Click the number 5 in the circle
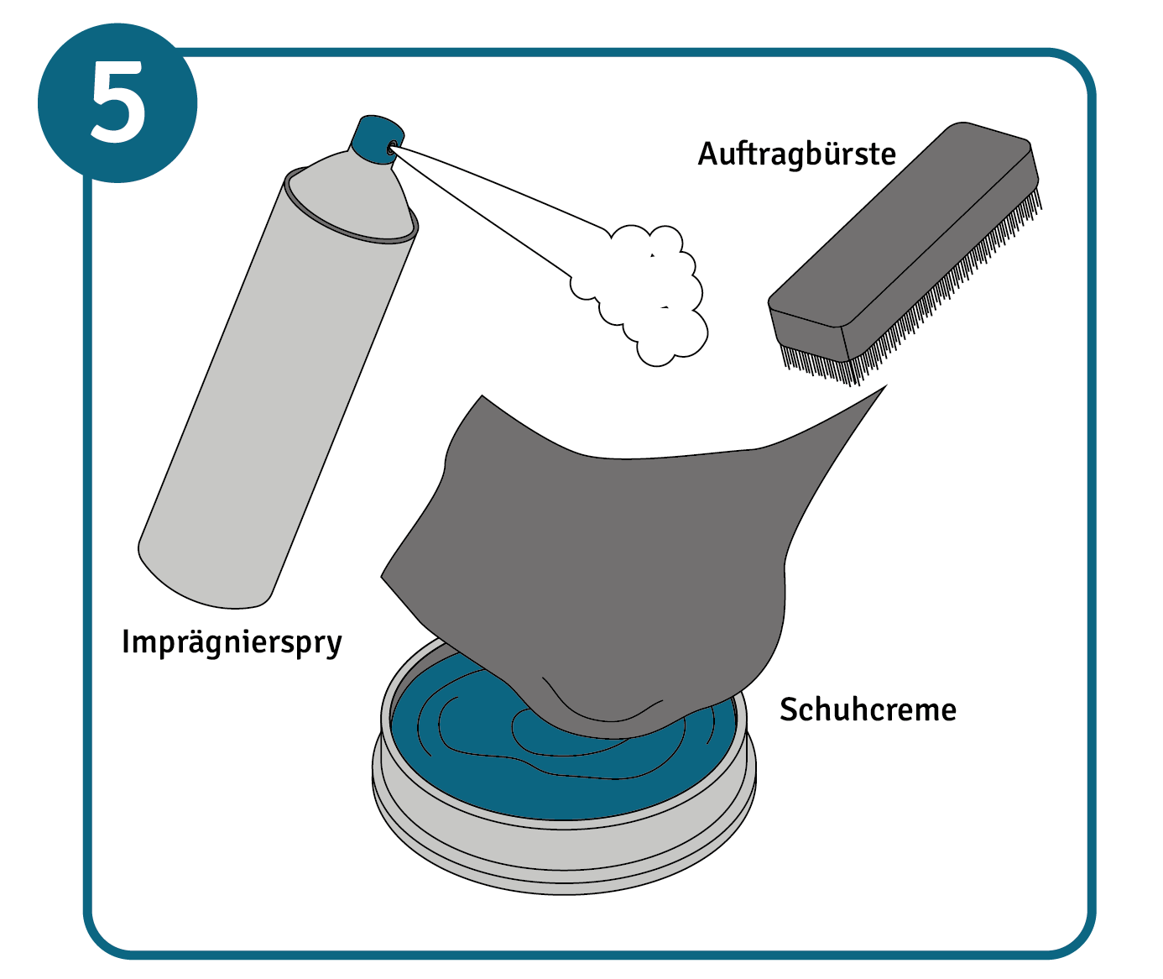click(x=117, y=102)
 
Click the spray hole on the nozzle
click(x=392, y=148)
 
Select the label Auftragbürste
click(x=796, y=154)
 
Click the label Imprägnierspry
click(x=232, y=642)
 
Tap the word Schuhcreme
click(x=868, y=710)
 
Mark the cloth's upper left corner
click(x=481, y=400)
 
